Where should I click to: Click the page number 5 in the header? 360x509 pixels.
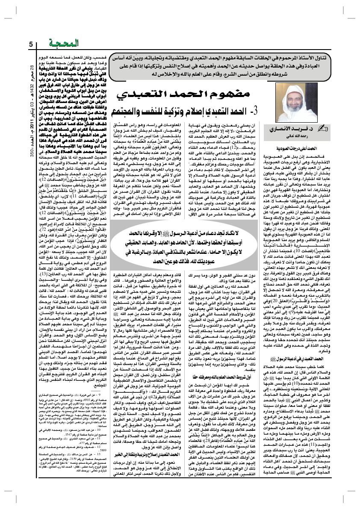(x=30, y=45)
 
